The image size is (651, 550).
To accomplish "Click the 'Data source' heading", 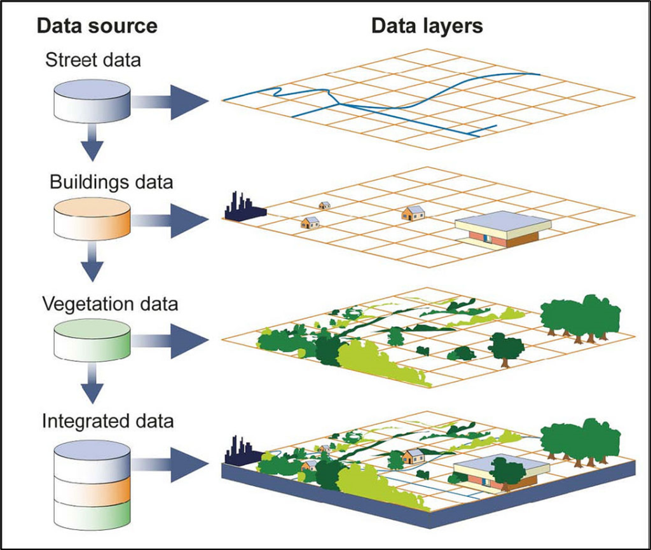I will (x=97, y=26).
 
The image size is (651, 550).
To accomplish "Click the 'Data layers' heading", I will (x=427, y=26).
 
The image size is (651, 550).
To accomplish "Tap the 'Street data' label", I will (x=93, y=61).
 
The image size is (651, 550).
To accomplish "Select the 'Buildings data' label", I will (x=111, y=182).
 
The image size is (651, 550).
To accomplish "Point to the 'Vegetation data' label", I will (x=110, y=303).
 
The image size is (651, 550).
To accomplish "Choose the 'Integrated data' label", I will (x=108, y=421).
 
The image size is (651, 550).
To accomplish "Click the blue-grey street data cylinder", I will (x=92, y=101).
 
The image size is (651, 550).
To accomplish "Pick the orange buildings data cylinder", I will (x=92, y=219).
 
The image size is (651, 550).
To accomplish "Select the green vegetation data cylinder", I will (x=92, y=340).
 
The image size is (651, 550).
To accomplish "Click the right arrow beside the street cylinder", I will (x=172, y=101).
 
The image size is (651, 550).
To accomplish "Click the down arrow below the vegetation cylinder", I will (x=93, y=385).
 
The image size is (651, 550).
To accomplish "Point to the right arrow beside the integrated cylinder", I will (x=172, y=465).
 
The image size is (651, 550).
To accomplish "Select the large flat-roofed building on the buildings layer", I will (x=502, y=229).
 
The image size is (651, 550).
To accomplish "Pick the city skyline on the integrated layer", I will (x=240, y=451).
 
